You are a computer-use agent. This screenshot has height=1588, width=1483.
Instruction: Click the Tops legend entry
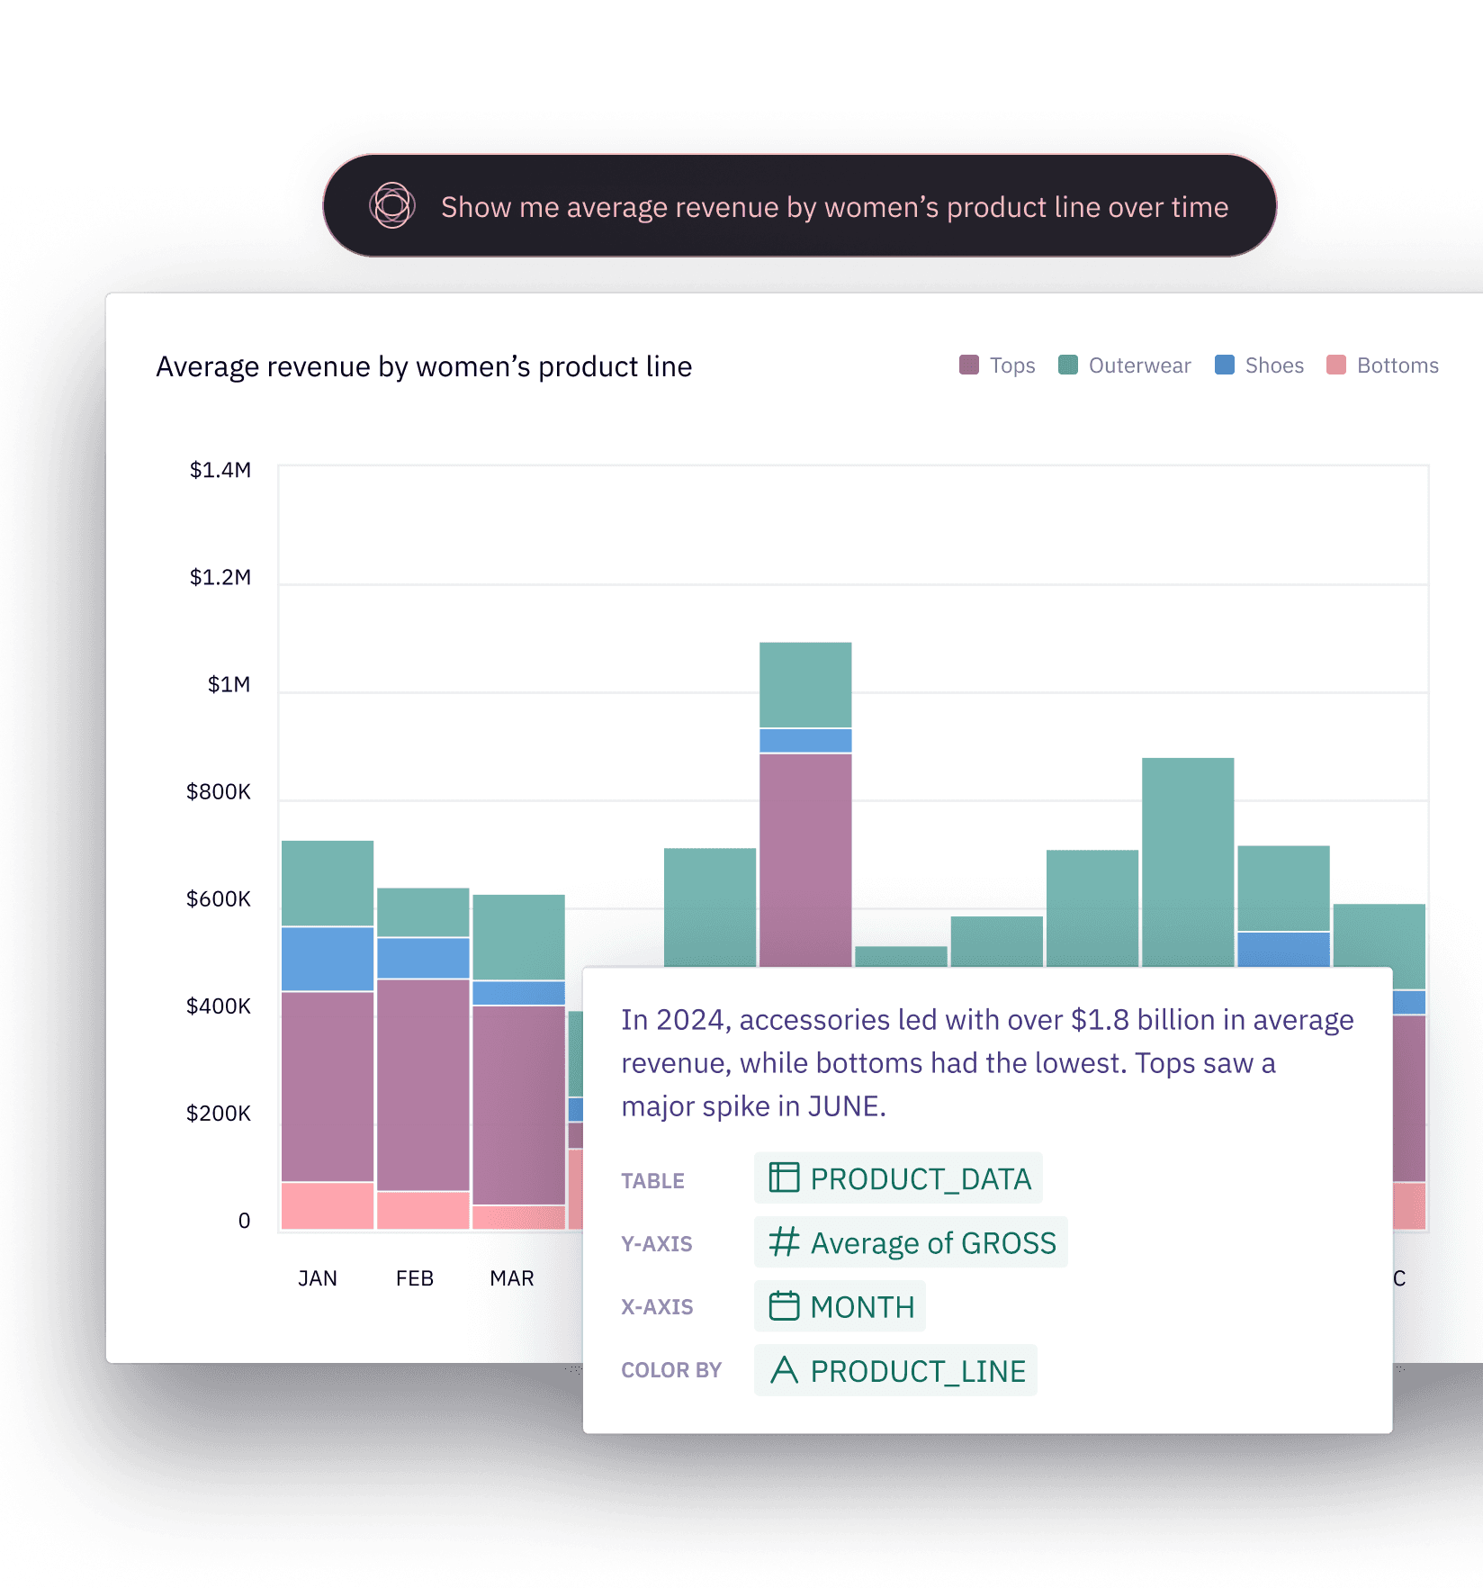coord(998,365)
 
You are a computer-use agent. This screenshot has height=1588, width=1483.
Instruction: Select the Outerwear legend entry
coord(1125,365)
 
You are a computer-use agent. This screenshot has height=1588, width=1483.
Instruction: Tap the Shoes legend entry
coord(1260,365)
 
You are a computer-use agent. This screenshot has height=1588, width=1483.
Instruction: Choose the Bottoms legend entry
coord(1383,365)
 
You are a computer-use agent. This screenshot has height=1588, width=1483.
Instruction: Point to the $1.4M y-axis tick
coord(220,470)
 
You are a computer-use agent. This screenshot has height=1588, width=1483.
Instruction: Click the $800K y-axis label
coord(219,791)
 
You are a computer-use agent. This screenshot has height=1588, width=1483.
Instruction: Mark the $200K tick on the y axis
coord(219,1113)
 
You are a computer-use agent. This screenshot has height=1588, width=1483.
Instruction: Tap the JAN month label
coord(318,1278)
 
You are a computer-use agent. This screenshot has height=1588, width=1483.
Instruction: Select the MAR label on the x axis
coord(512,1278)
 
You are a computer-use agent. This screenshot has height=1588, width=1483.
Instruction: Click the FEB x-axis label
coord(415,1278)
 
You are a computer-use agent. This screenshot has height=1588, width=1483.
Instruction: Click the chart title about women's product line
coord(424,366)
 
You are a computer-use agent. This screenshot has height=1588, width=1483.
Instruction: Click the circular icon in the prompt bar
coord(392,206)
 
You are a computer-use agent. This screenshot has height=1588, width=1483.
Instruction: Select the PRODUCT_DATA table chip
coord(899,1178)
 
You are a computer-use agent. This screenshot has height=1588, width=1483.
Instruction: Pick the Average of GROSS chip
coord(912,1242)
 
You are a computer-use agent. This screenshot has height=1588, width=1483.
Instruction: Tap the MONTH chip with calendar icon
coord(840,1306)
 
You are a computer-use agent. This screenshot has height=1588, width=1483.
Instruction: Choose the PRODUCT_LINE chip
coord(896,1370)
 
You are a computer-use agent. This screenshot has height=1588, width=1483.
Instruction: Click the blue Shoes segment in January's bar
coord(328,959)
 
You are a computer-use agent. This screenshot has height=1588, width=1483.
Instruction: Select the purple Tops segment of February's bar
coord(423,1085)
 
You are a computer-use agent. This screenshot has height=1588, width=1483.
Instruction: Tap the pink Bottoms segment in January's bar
coord(328,1205)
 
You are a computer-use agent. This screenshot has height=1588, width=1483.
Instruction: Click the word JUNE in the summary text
coord(843,1106)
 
